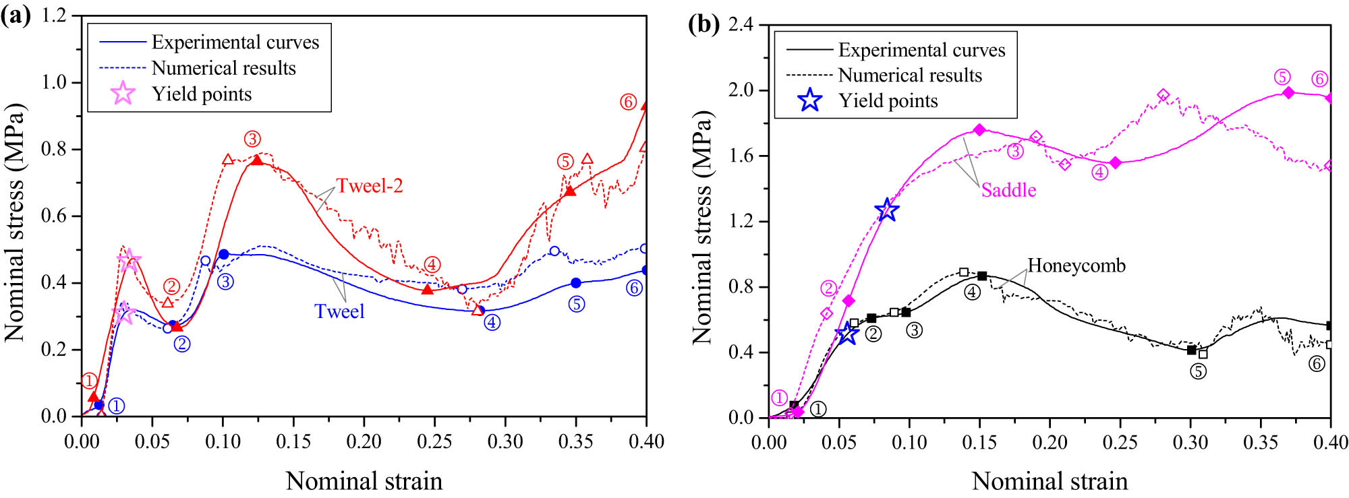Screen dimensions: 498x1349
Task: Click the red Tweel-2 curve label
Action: tap(370, 186)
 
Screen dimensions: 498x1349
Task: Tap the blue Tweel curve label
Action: tap(339, 311)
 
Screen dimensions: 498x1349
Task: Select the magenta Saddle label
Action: tap(1008, 190)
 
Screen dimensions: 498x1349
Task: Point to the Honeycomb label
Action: tap(1077, 266)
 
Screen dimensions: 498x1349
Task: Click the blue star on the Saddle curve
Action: tap(887, 210)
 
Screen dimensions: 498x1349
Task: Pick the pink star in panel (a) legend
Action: tap(123, 94)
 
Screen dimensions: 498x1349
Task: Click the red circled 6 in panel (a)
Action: tap(628, 102)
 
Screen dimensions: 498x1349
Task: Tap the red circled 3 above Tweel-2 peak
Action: tap(252, 139)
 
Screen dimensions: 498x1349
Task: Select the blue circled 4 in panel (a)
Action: tap(492, 322)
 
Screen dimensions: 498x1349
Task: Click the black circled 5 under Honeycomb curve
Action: tap(1198, 371)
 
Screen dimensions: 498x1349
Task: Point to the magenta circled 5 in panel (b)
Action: tap(1282, 77)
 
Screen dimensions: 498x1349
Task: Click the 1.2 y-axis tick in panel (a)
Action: tap(54, 15)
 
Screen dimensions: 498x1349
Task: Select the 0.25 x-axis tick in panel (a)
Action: tap(434, 442)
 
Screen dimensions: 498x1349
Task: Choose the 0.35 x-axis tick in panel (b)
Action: tap(1261, 443)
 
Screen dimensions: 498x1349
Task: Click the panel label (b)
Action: tap(704, 25)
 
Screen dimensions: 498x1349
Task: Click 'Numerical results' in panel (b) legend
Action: tap(910, 75)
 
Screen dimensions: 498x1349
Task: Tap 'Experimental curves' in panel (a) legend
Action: tap(235, 42)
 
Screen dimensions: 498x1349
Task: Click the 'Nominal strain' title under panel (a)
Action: tap(364, 481)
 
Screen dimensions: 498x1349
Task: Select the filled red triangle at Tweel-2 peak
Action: tap(257, 160)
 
